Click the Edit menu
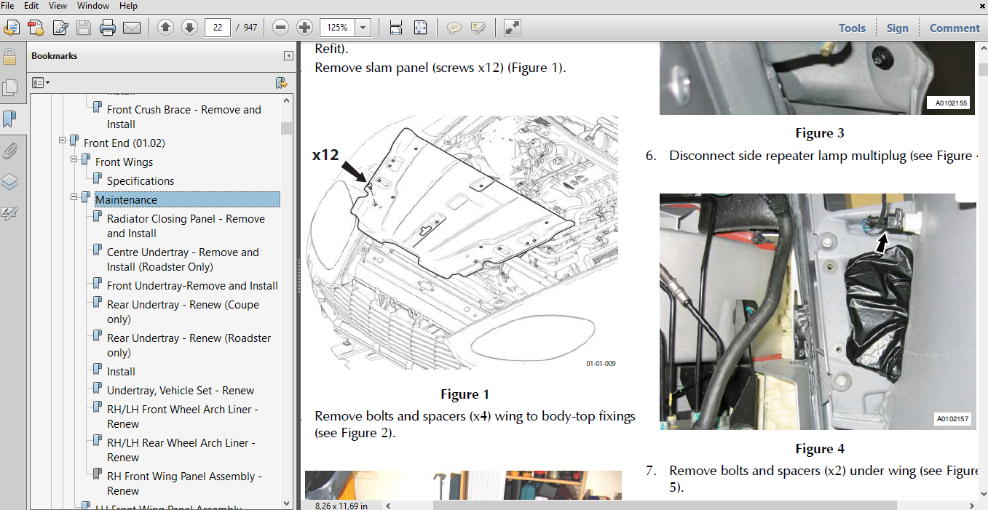pyautogui.click(x=31, y=6)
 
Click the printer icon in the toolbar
pyautogui.click(x=108, y=28)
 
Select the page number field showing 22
pyautogui.click(x=218, y=28)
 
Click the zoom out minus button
pyautogui.click(x=280, y=28)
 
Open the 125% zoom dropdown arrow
pyautogui.click(x=363, y=28)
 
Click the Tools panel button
pyautogui.click(x=852, y=28)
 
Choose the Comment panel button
pyautogui.click(x=955, y=28)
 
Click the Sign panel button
pyautogui.click(x=897, y=28)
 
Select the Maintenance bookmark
pyautogui.click(x=126, y=199)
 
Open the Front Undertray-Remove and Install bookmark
pyautogui.click(x=192, y=286)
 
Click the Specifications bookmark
pyautogui.click(x=141, y=180)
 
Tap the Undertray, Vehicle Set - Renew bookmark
pyautogui.click(x=181, y=391)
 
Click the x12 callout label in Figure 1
pyautogui.click(x=327, y=154)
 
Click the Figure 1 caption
pyautogui.click(x=465, y=394)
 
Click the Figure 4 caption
pyautogui.click(x=820, y=449)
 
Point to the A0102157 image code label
pyautogui.click(x=952, y=419)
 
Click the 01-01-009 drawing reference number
pyautogui.click(x=601, y=363)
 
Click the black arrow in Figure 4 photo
pyautogui.click(x=882, y=243)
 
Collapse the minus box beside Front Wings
pyautogui.click(x=74, y=159)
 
